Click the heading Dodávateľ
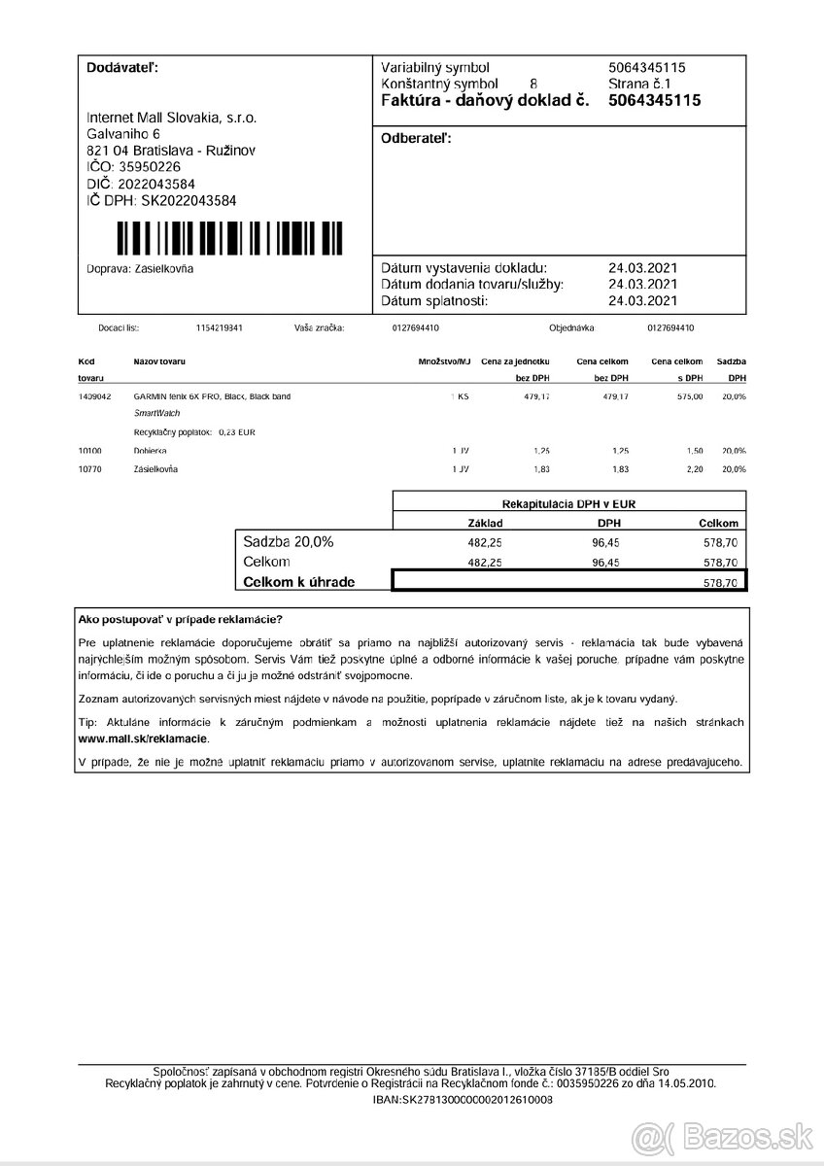pos(122,68)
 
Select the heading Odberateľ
pos(417,140)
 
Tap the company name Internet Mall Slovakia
pos(172,117)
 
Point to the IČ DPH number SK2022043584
pos(161,200)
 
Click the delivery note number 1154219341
pos(219,328)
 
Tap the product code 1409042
pos(94,396)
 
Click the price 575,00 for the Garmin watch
pos(691,396)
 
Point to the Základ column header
pos(485,523)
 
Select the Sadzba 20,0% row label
pos(288,542)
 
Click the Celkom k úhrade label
pos(298,581)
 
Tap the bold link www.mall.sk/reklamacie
pos(142,739)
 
